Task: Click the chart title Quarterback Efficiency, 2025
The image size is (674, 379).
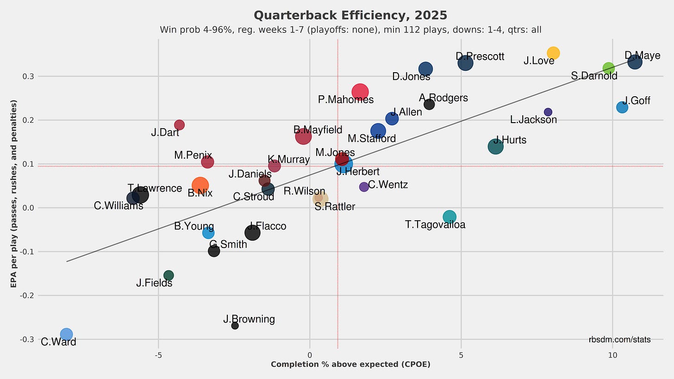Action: pyautogui.click(x=350, y=15)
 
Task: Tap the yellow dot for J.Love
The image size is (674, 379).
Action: pyautogui.click(x=553, y=53)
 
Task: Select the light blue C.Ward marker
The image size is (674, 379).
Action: pyautogui.click(x=66, y=334)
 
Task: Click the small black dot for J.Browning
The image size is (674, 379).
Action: pyautogui.click(x=235, y=326)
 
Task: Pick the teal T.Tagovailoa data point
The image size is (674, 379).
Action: pyautogui.click(x=449, y=217)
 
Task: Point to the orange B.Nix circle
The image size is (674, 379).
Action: pyautogui.click(x=200, y=186)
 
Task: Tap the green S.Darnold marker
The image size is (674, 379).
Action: pyautogui.click(x=608, y=68)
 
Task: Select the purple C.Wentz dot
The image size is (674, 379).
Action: pyautogui.click(x=364, y=186)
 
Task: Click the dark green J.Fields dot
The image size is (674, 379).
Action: pyautogui.click(x=168, y=275)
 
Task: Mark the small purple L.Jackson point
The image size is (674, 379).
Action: pyautogui.click(x=548, y=112)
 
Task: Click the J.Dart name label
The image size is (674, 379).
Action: pyautogui.click(x=165, y=133)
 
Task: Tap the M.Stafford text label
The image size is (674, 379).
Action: pyautogui.click(x=372, y=139)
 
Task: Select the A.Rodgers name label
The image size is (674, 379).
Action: pyautogui.click(x=443, y=98)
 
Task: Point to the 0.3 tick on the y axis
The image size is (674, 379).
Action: pyautogui.click(x=28, y=76)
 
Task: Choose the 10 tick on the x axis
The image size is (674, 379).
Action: pyautogui.click(x=612, y=355)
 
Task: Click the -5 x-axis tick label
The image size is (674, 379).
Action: pyautogui.click(x=158, y=355)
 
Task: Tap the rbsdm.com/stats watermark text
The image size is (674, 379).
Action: pyautogui.click(x=619, y=340)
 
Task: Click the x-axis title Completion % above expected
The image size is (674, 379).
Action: pyautogui.click(x=350, y=365)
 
